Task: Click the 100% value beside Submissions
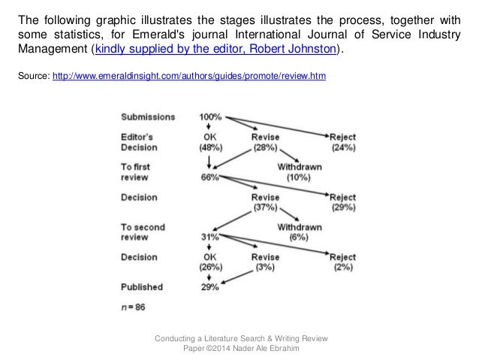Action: coord(209,117)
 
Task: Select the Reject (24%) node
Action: coord(342,142)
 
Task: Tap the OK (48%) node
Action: coord(209,142)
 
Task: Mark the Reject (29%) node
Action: coord(342,203)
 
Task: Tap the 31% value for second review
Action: coord(209,237)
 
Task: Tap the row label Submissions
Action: coord(149,117)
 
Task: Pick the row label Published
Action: coord(145,288)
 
